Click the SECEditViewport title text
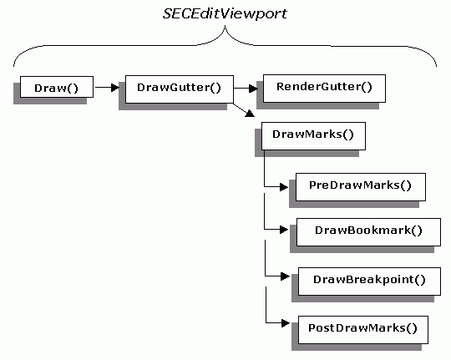(x=225, y=14)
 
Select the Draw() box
(x=57, y=87)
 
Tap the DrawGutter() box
(x=180, y=89)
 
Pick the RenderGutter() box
(x=324, y=89)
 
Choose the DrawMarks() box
(x=313, y=136)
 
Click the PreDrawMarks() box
(x=361, y=187)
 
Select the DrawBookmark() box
(x=368, y=232)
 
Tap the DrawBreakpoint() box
(x=369, y=281)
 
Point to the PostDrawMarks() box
(x=363, y=330)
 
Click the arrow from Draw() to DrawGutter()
(x=107, y=87)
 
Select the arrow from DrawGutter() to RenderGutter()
(x=246, y=89)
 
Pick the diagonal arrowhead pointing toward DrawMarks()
(x=250, y=113)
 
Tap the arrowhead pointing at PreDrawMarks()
(x=284, y=187)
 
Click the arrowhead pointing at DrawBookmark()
(x=284, y=230)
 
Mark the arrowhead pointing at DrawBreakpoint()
(x=285, y=276)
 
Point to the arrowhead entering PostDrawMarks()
(x=286, y=323)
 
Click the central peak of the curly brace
(x=225, y=26)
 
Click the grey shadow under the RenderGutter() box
(x=317, y=105)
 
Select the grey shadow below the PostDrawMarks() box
(x=357, y=347)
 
